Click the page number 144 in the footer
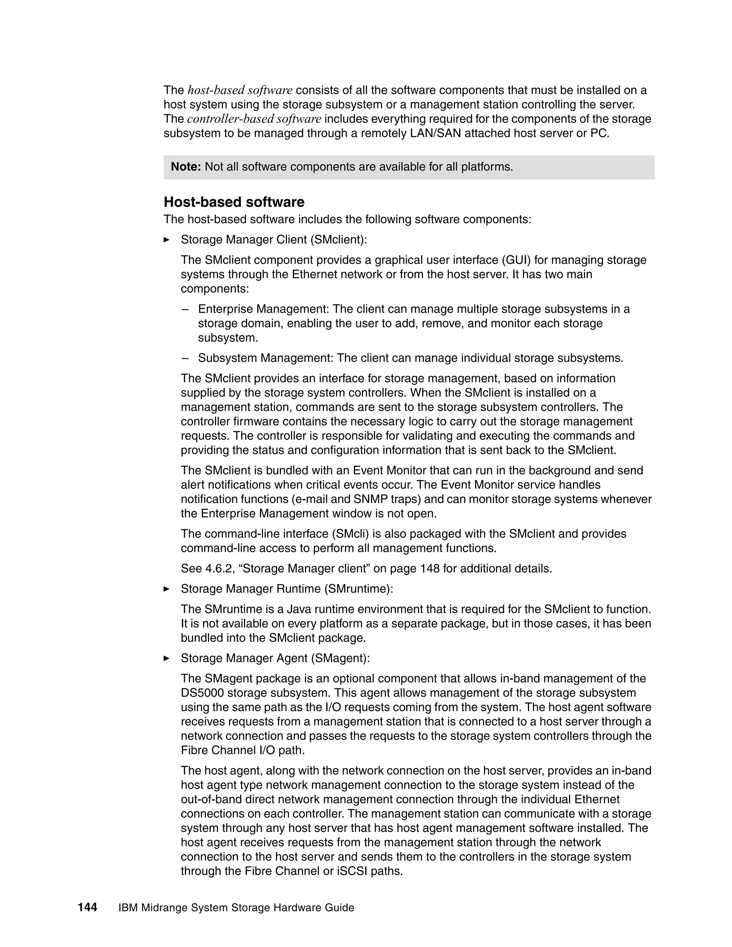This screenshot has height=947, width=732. tap(87, 907)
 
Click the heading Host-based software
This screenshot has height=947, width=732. tap(234, 202)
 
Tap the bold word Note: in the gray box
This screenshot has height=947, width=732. tap(186, 167)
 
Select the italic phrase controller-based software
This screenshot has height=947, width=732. tap(254, 119)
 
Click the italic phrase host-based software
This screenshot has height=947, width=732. tap(240, 90)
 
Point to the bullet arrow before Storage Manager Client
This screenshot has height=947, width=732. tap(166, 239)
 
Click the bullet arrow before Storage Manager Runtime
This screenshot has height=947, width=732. tap(166, 589)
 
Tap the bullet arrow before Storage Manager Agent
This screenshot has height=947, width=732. tap(166, 658)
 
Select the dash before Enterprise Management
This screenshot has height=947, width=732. tap(185, 309)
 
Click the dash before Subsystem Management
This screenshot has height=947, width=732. tap(185, 358)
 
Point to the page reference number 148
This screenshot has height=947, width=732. tap(430, 569)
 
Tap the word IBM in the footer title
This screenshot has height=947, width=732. tap(128, 908)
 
